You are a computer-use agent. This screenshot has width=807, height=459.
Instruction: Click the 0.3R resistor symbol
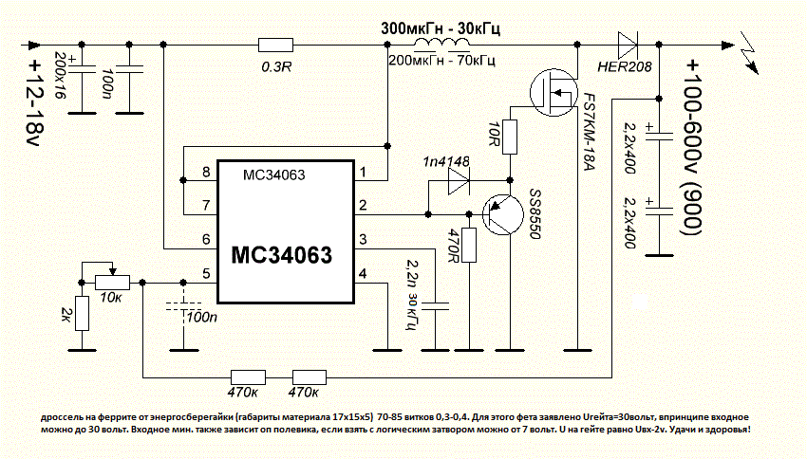coord(275,45)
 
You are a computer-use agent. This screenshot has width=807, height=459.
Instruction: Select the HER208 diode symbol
coord(628,45)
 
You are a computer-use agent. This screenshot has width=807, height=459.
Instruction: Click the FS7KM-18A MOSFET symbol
coord(555,93)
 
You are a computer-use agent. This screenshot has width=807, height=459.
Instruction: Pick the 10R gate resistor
coord(510,138)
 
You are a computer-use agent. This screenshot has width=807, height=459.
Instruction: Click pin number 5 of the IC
coord(205,275)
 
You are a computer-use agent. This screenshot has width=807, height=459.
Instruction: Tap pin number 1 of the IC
coord(362,172)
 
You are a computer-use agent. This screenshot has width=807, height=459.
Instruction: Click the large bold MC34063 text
coord(282,255)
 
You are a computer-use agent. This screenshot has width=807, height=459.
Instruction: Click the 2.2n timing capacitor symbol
coord(436,306)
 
